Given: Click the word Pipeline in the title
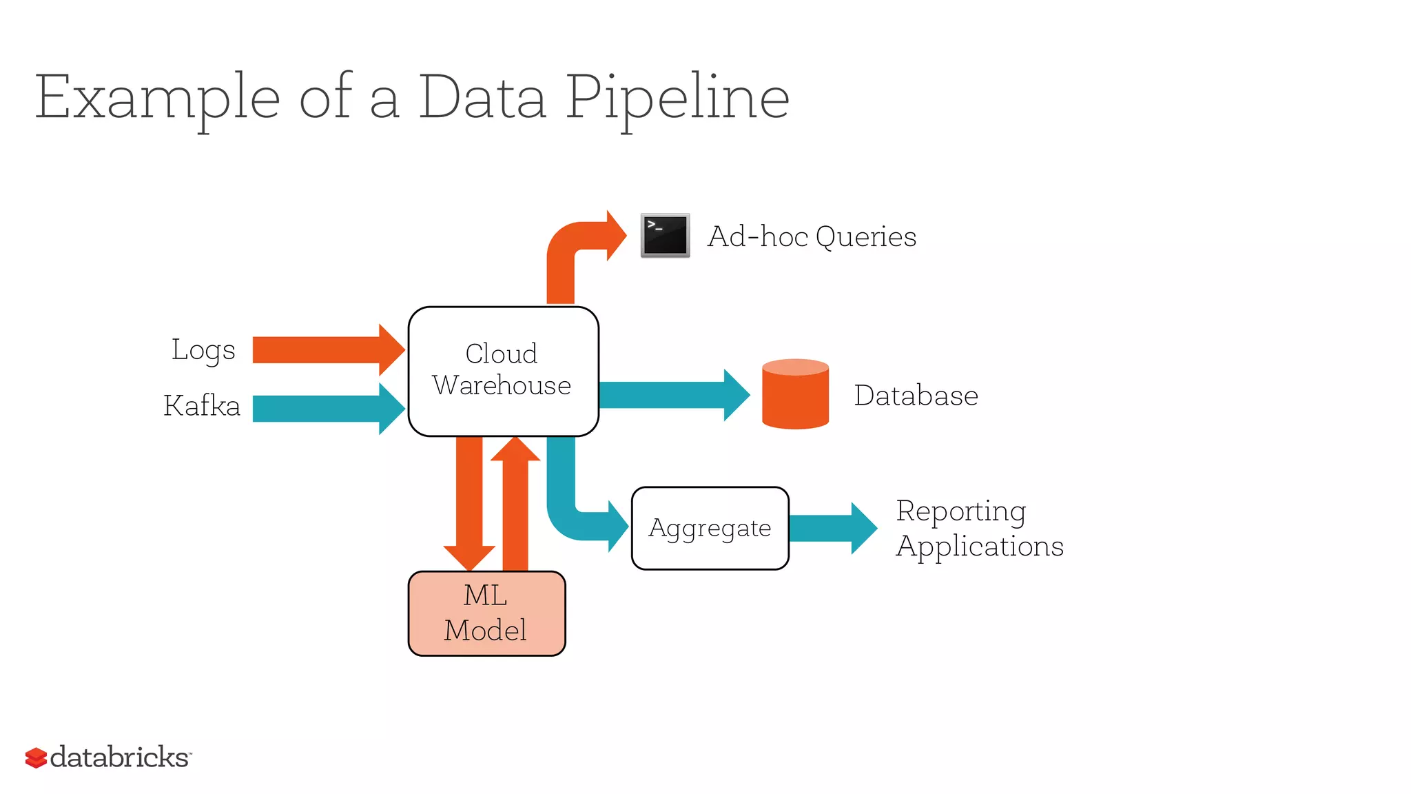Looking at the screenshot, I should pyautogui.click(x=677, y=98).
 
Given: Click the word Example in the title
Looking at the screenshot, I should pyautogui.click(x=157, y=98).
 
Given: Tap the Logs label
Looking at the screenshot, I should pyautogui.click(x=203, y=350).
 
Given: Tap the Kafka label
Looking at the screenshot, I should pyautogui.click(x=202, y=405).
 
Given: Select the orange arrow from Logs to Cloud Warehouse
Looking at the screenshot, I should pyautogui.click(x=324, y=350).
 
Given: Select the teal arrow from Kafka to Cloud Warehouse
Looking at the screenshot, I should pyautogui.click(x=324, y=409).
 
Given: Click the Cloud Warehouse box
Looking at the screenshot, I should pyautogui.click(x=503, y=371).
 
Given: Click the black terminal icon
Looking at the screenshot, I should pyautogui.click(x=665, y=236).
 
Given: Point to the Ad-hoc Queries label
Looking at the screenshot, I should pyautogui.click(x=812, y=236).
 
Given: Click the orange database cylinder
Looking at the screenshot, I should pyautogui.click(x=795, y=395).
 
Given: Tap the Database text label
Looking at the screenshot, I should pyautogui.click(x=916, y=396).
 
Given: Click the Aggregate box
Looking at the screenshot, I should pyautogui.click(x=710, y=528).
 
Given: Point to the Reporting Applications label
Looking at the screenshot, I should pyautogui.click(x=978, y=528).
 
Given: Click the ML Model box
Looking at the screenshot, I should pyautogui.click(x=486, y=613).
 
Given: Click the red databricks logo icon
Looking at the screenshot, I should pyautogui.click(x=36, y=757).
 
